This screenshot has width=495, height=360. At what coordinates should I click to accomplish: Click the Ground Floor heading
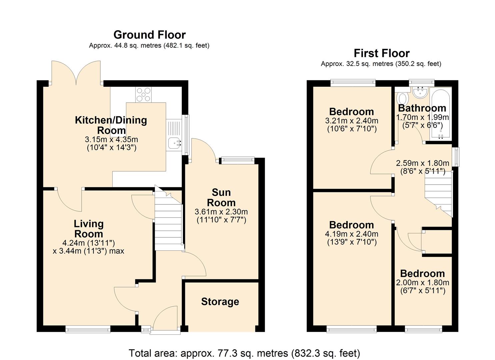point(149,35)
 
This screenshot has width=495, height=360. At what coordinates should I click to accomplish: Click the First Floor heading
point(381,53)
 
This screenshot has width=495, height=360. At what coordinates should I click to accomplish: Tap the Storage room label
point(220,302)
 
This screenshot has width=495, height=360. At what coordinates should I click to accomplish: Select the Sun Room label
point(221,197)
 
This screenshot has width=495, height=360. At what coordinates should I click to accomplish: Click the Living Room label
point(89,229)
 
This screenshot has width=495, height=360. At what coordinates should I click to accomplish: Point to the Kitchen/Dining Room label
point(111,125)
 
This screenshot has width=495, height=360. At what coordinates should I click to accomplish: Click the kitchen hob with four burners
point(143,94)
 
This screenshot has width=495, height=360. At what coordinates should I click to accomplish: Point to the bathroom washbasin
point(420,92)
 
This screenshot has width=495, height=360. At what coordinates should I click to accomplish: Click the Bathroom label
point(422,108)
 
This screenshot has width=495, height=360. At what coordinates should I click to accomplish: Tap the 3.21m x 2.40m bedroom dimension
point(352,121)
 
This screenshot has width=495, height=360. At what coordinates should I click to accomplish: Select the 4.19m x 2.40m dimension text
point(352,234)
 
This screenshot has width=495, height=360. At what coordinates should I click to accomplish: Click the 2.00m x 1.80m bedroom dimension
point(422,283)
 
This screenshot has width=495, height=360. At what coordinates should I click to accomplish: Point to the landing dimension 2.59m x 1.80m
point(422,163)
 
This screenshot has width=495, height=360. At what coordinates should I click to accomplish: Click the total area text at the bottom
point(244,353)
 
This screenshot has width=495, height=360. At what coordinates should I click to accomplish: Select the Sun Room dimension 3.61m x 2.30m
point(221,212)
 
